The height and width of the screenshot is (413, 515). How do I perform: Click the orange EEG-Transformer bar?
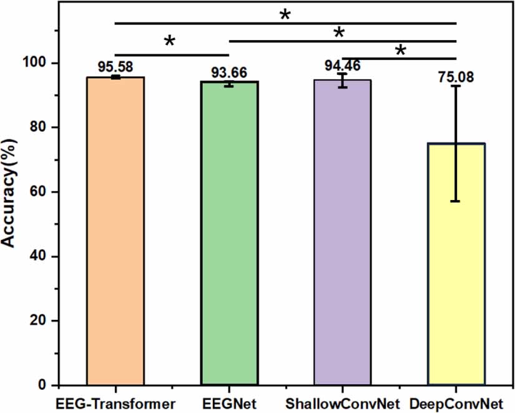click(115, 231)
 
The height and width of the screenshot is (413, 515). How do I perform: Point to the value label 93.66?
click(228, 72)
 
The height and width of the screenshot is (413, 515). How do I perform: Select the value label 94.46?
click(343, 64)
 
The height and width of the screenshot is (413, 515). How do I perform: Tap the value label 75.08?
click(456, 77)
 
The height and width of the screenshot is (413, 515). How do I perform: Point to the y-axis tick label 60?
click(41, 192)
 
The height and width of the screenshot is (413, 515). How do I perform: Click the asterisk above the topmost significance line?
click(285, 14)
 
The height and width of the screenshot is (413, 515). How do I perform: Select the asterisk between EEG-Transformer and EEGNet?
click(169, 42)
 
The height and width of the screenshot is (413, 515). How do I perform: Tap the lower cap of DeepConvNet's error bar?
click(456, 201)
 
